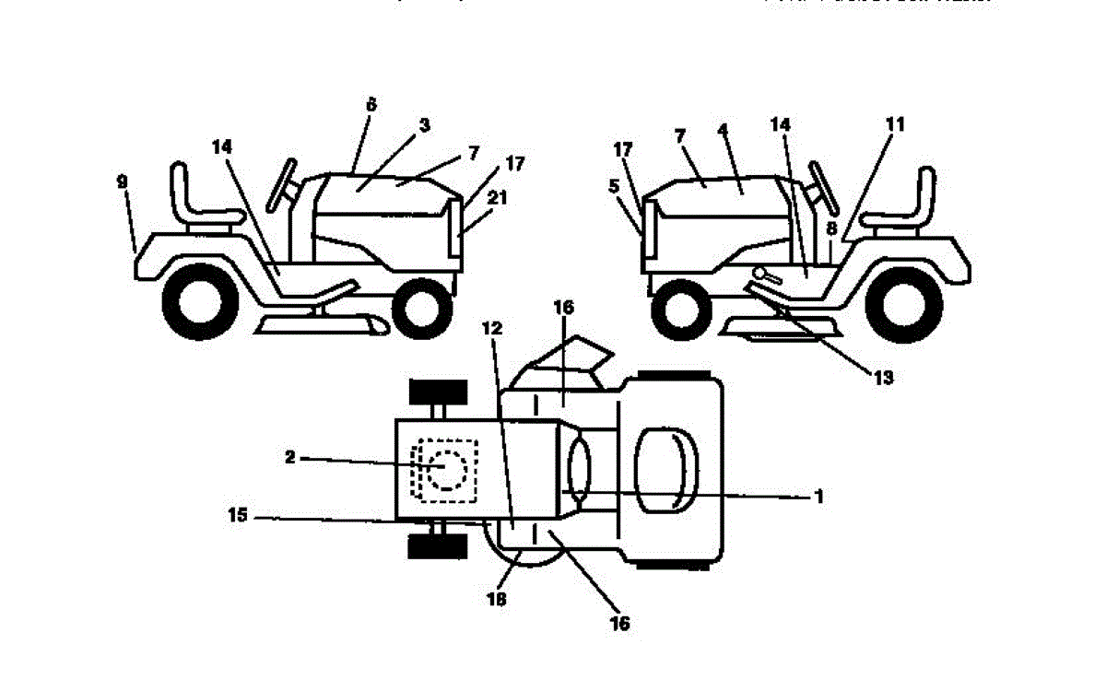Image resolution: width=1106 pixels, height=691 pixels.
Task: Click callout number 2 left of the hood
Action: click(x=289, y=457)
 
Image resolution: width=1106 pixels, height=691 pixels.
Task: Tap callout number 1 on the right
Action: click(x=818, y=497)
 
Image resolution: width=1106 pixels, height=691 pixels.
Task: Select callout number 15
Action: click(x=238, y=517)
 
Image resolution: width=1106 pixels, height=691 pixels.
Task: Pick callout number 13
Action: click(x=883, y=377)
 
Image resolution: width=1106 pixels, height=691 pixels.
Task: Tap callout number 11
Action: click(x=894, y=123)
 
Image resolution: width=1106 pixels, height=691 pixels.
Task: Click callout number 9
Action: click(x=123, y=182)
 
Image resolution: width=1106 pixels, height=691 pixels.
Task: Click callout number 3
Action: click(x=425, y=124)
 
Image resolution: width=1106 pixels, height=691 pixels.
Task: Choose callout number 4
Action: click(x=724, y=132)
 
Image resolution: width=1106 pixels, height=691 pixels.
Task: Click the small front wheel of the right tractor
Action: click(x=681, y=310)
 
